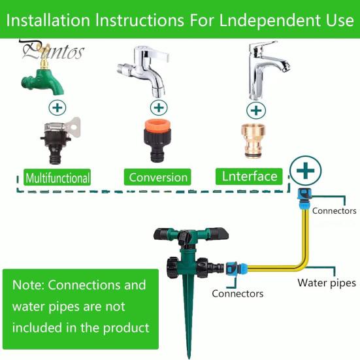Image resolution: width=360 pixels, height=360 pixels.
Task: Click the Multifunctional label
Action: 57,177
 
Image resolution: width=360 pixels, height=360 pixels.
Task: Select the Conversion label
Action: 158,177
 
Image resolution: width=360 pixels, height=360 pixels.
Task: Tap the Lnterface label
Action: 250,176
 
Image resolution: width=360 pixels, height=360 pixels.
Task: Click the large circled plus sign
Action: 305,172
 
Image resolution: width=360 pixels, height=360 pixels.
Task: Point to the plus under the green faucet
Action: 57,107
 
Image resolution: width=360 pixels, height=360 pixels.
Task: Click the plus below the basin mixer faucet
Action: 257,109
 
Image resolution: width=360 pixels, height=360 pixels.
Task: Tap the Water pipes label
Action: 327,283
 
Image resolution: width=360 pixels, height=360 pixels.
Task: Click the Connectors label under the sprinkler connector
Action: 237,294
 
